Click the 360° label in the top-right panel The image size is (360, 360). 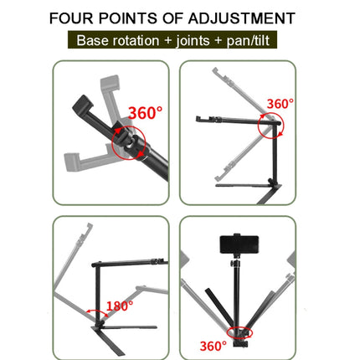pyautogui.click(x=280, y=103)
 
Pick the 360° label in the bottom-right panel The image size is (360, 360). pyautogui.click(x=212, y=344)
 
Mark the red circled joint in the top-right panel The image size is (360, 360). pyautogui.click(x=270, y=127)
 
